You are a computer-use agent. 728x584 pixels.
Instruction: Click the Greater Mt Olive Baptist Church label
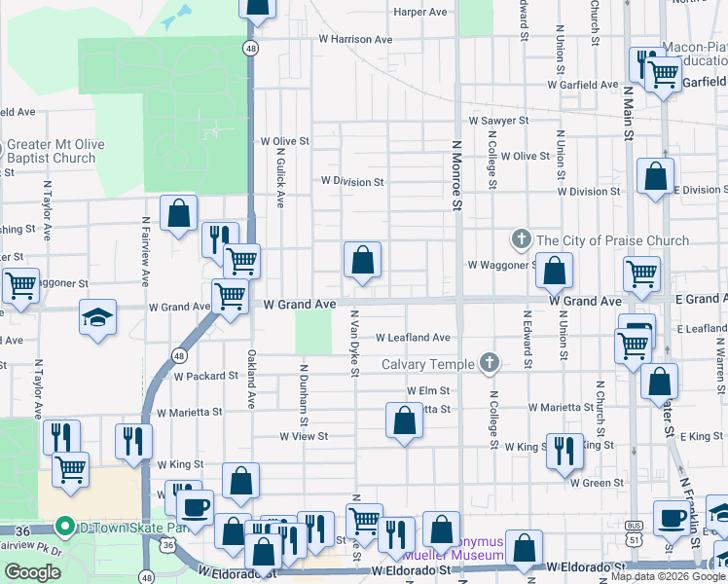(53, 151)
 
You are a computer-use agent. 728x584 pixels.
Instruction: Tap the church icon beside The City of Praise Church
(522, 239)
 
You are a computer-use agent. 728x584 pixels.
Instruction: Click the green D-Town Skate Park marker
(65, 528)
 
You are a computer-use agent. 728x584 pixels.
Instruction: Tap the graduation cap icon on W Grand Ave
(97, 317)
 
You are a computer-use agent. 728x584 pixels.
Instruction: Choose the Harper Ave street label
(419, 12)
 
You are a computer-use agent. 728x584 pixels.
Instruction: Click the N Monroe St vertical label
(455, 175)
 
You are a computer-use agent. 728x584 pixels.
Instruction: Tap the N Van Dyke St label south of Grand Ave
(355, 347)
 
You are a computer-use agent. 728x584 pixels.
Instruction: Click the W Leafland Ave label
(413, 338)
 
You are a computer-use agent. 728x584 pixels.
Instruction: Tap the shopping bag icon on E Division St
(655, 177)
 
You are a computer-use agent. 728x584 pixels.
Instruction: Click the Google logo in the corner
(32, 572)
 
